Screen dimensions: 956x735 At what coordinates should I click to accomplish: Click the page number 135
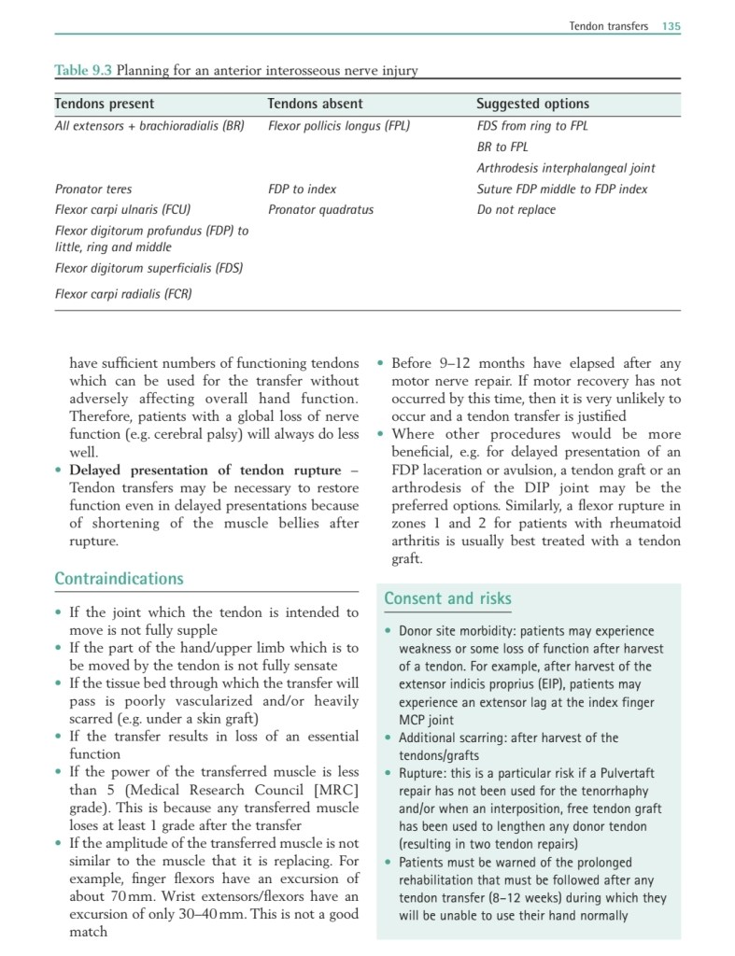671,26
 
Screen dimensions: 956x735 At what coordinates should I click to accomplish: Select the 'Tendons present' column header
105,104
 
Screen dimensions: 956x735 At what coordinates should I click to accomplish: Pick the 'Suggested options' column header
532,104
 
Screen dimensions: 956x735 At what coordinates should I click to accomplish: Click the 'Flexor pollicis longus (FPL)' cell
338,125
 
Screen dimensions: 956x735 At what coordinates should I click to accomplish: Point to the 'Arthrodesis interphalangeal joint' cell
566,168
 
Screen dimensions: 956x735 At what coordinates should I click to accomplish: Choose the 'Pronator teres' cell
93,189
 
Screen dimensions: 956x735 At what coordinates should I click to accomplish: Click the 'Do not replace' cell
516,209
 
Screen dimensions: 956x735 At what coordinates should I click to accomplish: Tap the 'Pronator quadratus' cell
320,209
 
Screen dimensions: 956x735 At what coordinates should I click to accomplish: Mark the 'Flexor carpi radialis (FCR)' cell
123,294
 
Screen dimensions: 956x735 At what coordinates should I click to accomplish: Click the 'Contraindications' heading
119,579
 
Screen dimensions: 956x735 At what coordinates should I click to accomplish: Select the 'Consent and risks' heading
447,598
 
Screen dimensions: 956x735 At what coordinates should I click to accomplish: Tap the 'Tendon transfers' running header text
608,26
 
